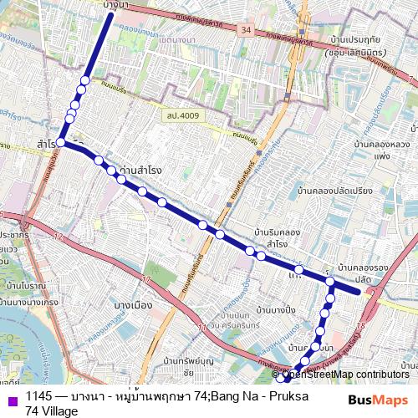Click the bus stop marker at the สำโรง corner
[62, 143]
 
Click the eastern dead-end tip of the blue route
[359, 292]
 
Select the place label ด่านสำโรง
[141, 170]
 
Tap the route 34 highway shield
[246, 29]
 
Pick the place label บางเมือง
[133, 304]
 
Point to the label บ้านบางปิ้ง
[277, 311]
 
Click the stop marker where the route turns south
[331, 283]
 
